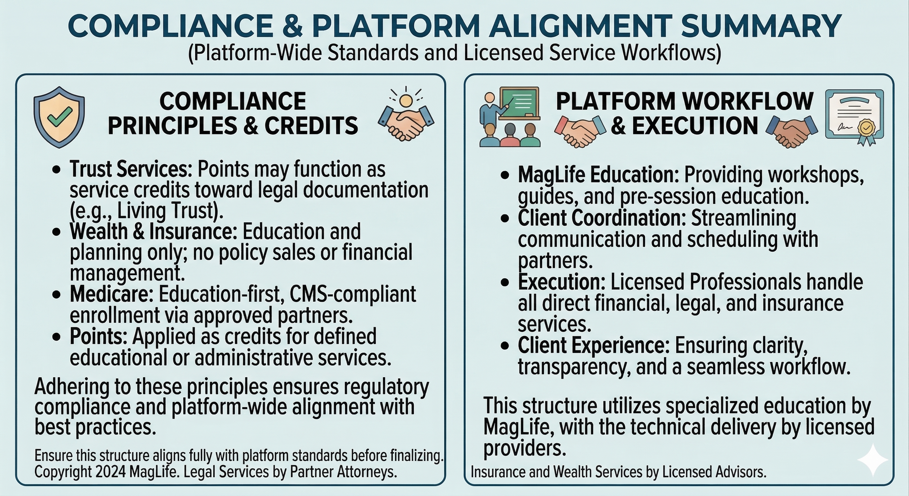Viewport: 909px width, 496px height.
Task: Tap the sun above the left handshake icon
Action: click(x=405, y=100)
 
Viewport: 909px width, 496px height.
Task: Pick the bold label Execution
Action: click(x=561, y=282)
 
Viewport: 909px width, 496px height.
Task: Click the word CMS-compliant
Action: click(x=353, y=295)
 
